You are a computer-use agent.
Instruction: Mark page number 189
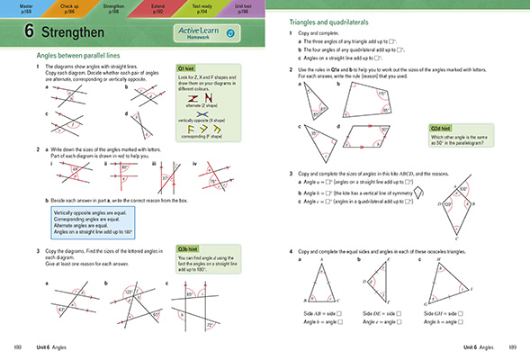coord(511,346)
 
